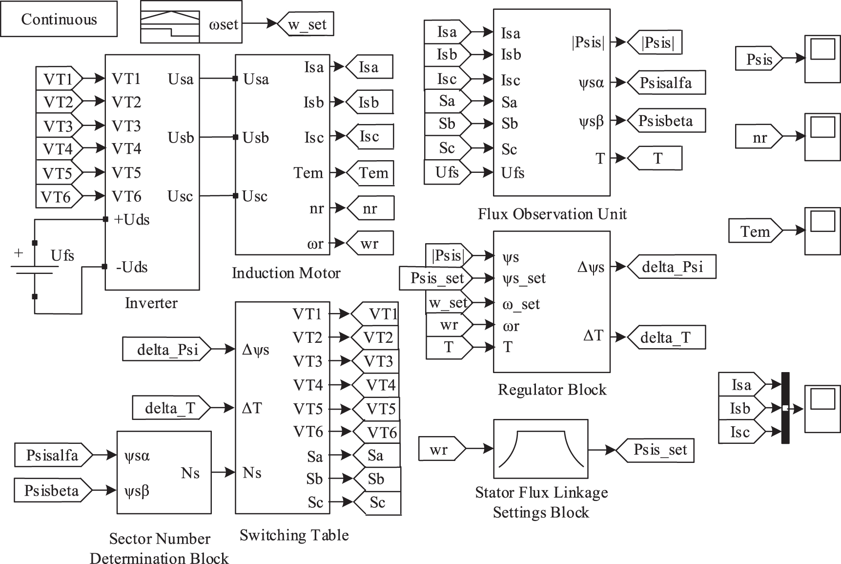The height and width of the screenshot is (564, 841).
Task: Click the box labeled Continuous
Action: [59, 19]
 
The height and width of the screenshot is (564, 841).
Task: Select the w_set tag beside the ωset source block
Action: [306, 24]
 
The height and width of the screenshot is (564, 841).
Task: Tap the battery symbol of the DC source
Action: [34, 270]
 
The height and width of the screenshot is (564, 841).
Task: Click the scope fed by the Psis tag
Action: [822, 59]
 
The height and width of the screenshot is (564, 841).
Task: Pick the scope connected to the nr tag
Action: [822, 137]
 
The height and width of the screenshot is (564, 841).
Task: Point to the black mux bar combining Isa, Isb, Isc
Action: [785, 408]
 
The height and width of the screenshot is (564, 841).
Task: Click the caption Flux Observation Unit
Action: [552, 214]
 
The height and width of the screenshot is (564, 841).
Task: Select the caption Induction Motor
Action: [286, 272]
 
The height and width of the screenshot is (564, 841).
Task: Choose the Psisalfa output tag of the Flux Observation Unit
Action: [666, 83]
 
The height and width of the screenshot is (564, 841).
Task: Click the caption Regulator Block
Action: [552, 390]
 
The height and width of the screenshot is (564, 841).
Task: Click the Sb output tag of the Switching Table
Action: [376, 479]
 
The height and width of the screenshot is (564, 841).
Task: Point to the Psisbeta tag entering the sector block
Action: [52, 490]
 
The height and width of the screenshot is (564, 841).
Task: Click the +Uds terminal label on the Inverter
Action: [132, 220]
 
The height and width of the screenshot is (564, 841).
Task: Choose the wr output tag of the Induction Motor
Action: [370, 244]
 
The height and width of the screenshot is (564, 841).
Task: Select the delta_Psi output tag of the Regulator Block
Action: [672, 267]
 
